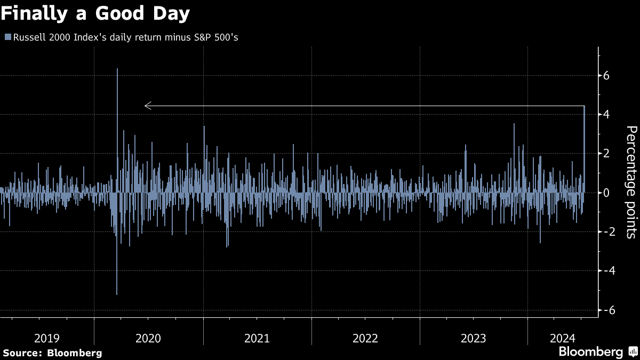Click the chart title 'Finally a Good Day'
pos(95,14)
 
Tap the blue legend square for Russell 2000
pos(7,37)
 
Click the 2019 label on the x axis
pos(47,338)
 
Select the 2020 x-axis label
pos(148,338)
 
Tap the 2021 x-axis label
pos(257,338)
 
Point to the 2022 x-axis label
pos(365,338)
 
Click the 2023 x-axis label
pos(473,338)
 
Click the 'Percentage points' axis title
pos(631,182)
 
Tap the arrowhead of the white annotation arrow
pos(148,106)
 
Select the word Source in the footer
pos(21,353)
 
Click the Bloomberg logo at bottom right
pos(597,352)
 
